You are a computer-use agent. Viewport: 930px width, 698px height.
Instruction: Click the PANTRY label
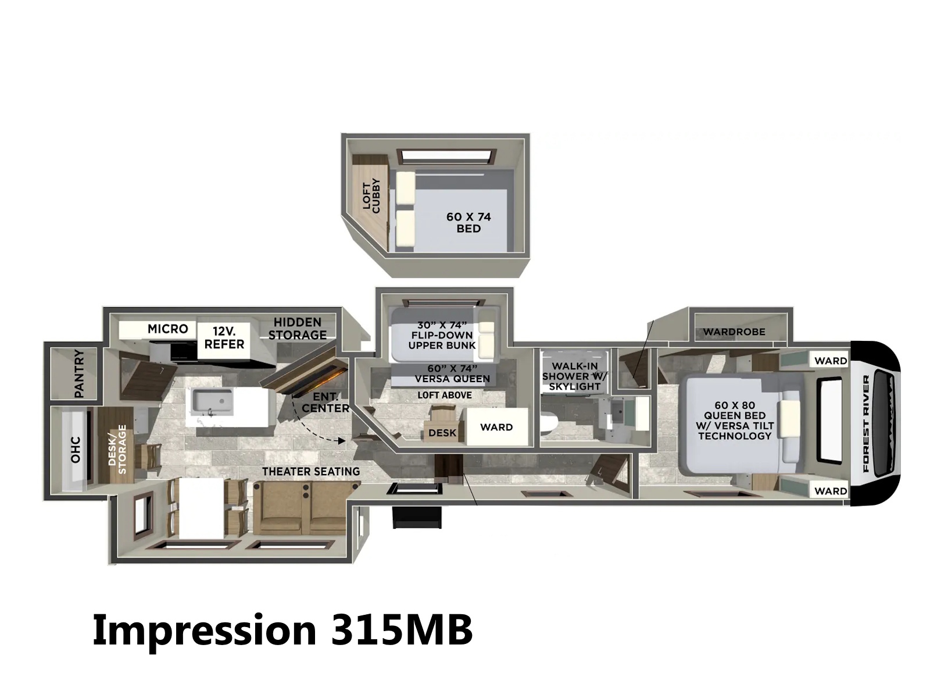[79, 373]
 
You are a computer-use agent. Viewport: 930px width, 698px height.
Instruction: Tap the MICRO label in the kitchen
[168, 329]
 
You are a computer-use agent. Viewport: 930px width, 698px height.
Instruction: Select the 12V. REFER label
[224, 337]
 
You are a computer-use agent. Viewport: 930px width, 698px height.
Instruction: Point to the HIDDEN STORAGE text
[298, 329]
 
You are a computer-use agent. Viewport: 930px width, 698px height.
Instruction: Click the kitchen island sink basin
[212, 401]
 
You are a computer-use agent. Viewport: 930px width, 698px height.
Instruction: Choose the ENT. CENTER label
[325, 403]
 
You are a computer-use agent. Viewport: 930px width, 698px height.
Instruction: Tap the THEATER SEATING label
[311, 471]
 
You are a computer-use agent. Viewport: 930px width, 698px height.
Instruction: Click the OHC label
[76, 450]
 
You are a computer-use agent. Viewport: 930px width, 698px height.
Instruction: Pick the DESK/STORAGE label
[117, 449]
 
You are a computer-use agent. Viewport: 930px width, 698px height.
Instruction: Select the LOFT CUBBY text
[371, 195]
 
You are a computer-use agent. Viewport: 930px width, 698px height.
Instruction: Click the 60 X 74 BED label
[468, 223]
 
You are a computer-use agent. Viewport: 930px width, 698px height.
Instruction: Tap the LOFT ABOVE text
[445, 395]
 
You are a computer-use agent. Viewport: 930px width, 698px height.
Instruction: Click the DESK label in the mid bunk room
[442, 433]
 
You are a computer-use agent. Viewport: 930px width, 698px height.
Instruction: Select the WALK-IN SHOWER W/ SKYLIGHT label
[575, 376]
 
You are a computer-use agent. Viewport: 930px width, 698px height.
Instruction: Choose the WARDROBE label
[734, 332]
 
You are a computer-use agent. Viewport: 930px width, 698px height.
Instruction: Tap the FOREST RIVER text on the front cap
[866, 423]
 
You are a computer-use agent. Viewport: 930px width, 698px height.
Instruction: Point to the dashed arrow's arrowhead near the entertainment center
[342, 441]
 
